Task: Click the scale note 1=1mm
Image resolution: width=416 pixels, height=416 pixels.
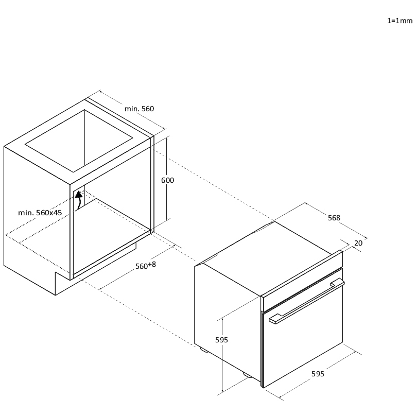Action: (400, 21)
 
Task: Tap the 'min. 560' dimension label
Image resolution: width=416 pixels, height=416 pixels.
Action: (140, 109)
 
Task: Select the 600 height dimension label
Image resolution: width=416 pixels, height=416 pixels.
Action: (168, 180)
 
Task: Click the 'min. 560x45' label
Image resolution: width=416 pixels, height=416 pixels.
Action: (40, 213)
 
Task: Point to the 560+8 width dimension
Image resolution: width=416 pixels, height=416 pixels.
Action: (146, 265)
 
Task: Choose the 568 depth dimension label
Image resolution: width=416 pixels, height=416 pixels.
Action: (334, 218)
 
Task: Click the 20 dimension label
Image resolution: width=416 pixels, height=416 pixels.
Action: (358, 243)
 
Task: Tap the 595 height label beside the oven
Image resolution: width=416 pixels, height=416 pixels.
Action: (221, 340)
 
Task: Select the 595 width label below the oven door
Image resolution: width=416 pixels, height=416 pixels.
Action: (318, 374)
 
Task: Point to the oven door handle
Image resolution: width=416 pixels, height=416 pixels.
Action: (307, 301)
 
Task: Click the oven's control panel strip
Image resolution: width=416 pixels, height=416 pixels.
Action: (302, 281)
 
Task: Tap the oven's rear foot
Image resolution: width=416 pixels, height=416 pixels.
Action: (204, 350)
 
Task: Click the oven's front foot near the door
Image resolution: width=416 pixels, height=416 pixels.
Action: (248, 375)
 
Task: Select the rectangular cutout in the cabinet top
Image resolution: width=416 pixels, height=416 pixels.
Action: (79, 141)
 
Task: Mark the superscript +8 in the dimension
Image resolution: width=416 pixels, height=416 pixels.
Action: (152, 264)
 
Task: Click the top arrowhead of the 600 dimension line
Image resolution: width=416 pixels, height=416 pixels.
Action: (167, 138)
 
